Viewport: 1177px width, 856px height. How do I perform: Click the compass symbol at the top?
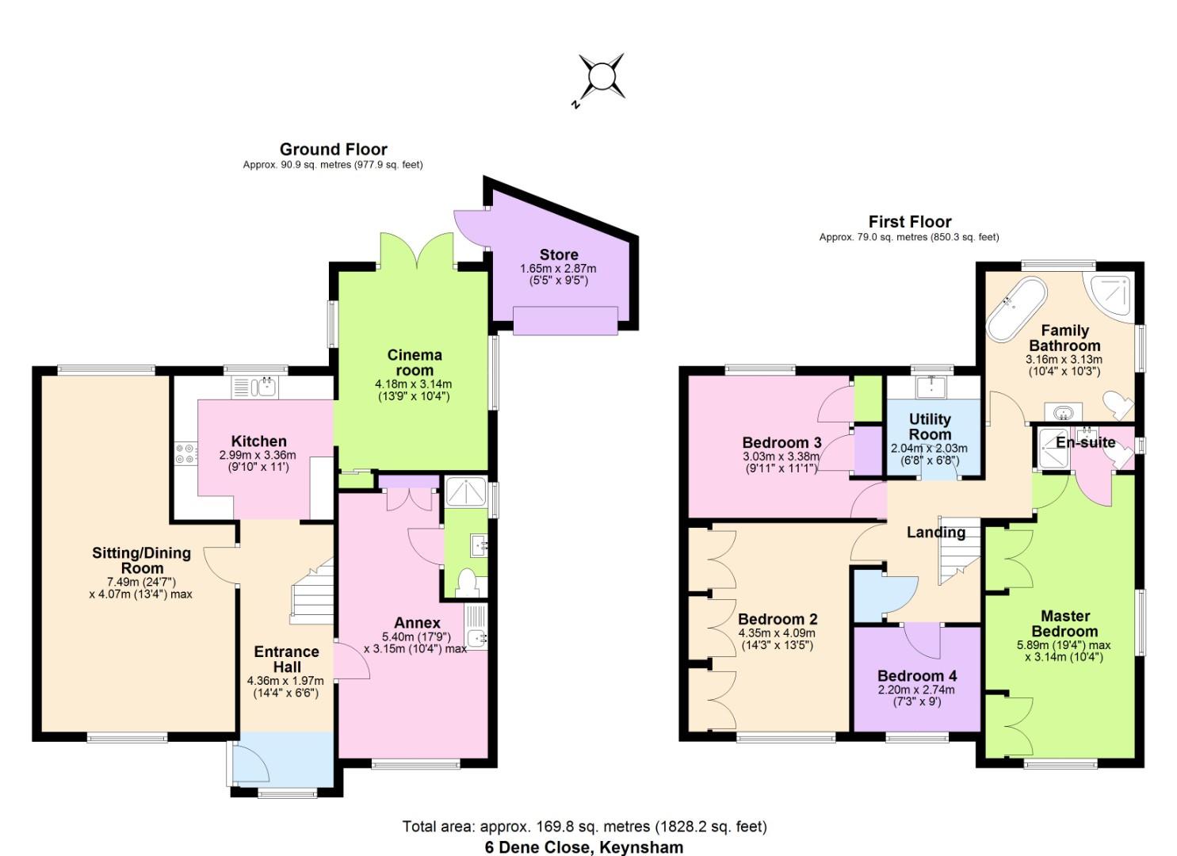pyautogui.click(x=601, y=77)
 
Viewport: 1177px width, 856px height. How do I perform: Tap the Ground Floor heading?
pyautogui.click(x=333, y=149)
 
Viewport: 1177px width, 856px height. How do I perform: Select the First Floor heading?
pyautogui.click(x=909, y=222)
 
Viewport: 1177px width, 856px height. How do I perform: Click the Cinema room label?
pyautogui.click(x=414, y=362)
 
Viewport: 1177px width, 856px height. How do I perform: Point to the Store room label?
pyautogui.click(x=558, y=254)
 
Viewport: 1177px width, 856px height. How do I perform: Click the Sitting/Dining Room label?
pyautogui.click(x=141, y=560)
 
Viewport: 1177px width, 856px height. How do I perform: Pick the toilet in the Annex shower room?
pyautogui.click(x=467, y=583)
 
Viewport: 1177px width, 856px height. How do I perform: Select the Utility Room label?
pyautogui.click(x=930, y=426)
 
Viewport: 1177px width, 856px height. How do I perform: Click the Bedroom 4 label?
pyautogui.click(x=916, y=676)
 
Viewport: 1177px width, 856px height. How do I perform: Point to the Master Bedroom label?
pyautogui.click(x=1064, y=623)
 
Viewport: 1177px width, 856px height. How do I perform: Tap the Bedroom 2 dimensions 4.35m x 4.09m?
pyautogui.click(x=776, y=633)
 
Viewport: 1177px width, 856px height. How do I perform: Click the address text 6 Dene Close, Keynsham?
pyautogui.click(x=584, y=847)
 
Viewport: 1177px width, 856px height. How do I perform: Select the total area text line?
pyautogui.click(x=584, y=827)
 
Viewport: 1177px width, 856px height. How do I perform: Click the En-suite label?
pyautogui.click(x=1085, y=442)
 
